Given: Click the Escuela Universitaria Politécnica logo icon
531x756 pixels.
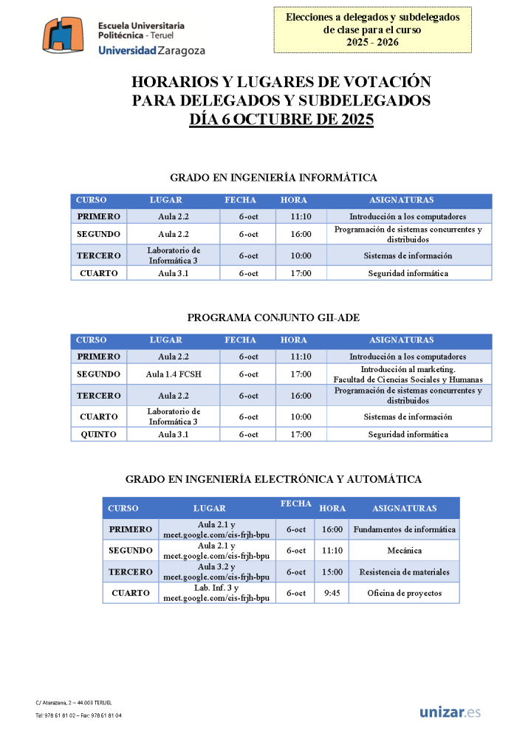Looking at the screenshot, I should pyautogui.click(x=67, y=36).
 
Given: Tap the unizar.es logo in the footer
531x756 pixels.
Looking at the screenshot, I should pyautogui.click(x=450, y=712).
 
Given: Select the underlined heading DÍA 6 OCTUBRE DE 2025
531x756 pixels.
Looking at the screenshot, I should pyautogui.click(x=281, y=120).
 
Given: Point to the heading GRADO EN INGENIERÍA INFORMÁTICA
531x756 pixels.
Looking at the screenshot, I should pyautogui.click(x=273, y=177).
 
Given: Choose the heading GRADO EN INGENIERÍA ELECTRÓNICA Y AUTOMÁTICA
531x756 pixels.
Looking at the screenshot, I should pyautogui.click(x=273, y=479).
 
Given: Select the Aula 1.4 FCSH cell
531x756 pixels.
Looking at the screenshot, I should pyautogui.click(x=174, y=374).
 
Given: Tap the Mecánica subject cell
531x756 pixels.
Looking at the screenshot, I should pyautogui.click(x=404, y=551).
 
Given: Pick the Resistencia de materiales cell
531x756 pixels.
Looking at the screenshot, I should pyautogui.click(x=404, y=572).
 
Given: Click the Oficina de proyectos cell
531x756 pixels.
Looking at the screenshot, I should pyautogui.click(x=404, y=593).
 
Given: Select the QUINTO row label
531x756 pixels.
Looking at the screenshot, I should pyautogui.click(x=99, y=434).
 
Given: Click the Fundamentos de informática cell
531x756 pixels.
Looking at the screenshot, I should pyautogui.click(x=404, y=529).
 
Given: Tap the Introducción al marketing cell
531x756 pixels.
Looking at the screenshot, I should pyautogui.click(x=408, y=374).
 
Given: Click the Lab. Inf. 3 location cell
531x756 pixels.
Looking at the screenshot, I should pyautogui.click(x=216, y=593).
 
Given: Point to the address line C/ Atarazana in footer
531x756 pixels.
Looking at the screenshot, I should pyautogui.click(x=73, y=702).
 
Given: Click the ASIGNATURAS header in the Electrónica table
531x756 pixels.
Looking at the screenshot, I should pyautogui.click(x=404, y=508).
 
